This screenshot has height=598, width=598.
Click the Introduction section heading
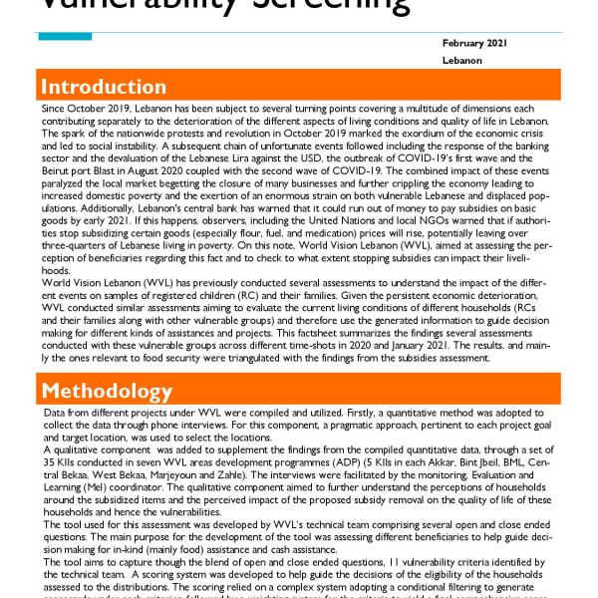(104, 86)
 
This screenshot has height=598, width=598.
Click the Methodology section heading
(107, 390)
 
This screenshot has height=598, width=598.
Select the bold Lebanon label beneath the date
(462, 61)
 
